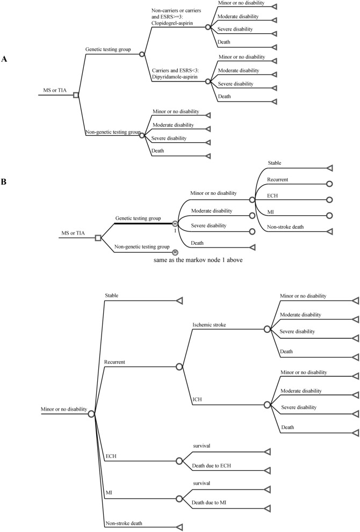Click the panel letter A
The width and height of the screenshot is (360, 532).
point(4,60)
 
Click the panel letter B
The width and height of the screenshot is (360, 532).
point(4,182)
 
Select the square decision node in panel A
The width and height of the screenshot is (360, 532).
point(76,95)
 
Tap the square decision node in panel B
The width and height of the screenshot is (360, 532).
point(98,237)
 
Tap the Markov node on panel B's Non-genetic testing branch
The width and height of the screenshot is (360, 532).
point(175,252)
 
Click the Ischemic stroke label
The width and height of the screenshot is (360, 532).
point(210,325)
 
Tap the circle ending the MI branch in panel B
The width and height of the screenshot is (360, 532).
point(328,216)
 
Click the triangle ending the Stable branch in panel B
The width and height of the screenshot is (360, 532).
point(328,167)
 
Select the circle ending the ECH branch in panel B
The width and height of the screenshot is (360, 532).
point(328,200)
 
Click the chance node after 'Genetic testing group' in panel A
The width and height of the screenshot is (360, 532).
point(142,54)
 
